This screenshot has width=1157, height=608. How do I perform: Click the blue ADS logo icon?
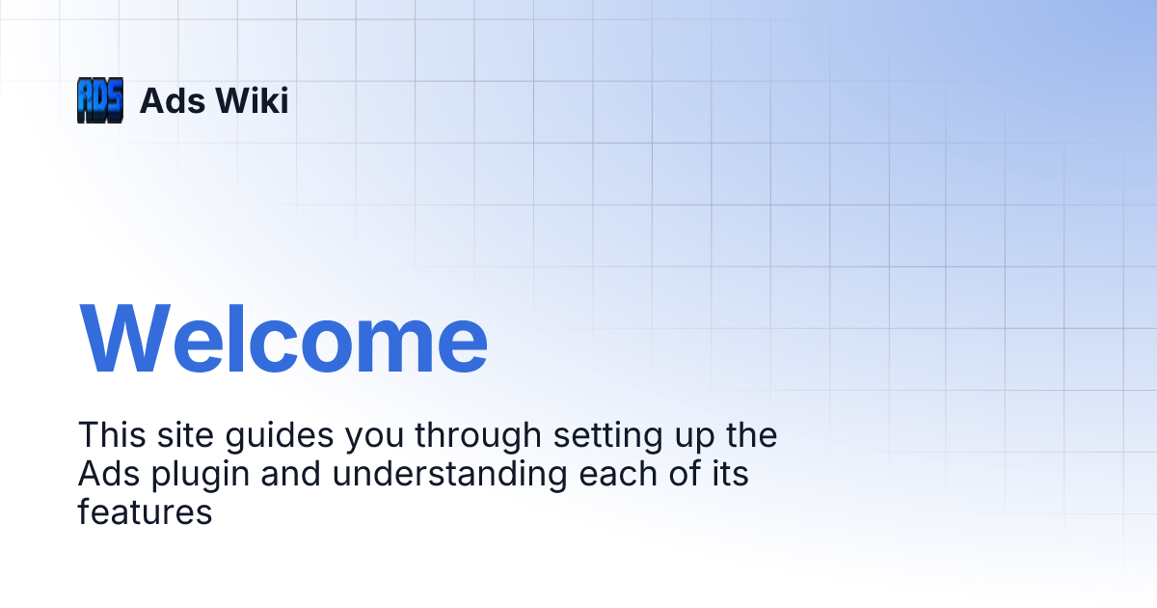click(100, 100)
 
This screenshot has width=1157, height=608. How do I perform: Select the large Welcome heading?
click(283, 339)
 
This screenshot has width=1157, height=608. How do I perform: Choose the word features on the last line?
click(145, 512)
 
